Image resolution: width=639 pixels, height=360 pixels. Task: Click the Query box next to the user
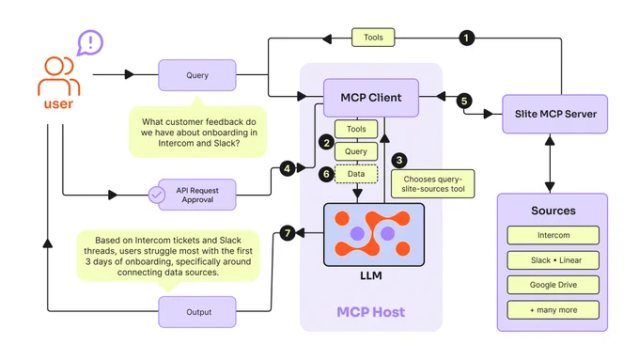[197, 75]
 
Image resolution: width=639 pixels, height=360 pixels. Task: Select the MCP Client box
[371, 98]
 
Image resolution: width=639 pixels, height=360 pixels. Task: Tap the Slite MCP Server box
[555, 114]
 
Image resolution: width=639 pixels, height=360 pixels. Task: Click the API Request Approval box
[197, 195]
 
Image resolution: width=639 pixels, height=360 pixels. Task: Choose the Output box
[197, 312]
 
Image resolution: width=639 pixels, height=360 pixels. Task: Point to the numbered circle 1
[467, 38]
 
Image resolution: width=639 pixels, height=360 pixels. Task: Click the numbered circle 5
[464, 101]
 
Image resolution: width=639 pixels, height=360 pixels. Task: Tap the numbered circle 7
[288, 233]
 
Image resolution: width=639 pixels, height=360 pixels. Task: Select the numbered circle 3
[399, 160]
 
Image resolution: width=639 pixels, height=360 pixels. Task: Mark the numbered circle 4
[288, 168]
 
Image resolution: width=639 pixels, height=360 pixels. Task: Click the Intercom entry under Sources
[553, 235]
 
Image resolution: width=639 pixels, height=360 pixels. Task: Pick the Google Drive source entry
[553, 285]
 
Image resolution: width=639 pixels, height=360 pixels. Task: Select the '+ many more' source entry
[553, 310]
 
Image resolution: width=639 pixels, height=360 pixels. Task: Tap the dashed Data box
[356, 174]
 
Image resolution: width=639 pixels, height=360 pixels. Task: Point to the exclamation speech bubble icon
[90, 42]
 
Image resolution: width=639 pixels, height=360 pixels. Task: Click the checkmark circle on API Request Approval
[157, 195]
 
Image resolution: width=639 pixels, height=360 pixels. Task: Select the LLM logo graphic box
[374, 234]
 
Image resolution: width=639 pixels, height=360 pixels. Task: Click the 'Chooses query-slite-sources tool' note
[433, 184]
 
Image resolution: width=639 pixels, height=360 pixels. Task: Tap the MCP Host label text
[371, 312]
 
